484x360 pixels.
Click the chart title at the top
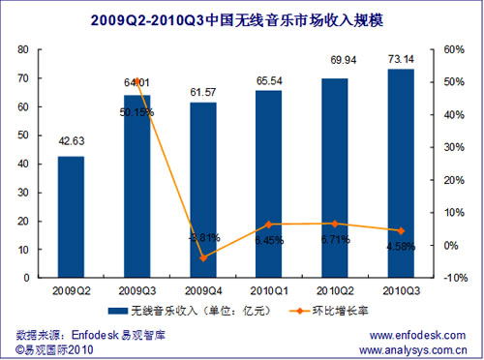click(x=242, y=17)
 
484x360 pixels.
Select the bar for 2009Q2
click(x=71, y=217)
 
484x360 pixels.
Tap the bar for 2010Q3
click(x=401, y=173)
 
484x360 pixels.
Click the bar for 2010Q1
click(x=269, y=184)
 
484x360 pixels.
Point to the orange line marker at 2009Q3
click(x=136, y=81)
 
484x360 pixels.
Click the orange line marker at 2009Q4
click(x=202, y=257)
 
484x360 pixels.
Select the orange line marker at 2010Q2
click(x=335, y=224)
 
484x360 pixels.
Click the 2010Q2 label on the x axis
click(x=335, y=289)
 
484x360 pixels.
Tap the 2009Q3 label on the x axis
click(x=136, y=289)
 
